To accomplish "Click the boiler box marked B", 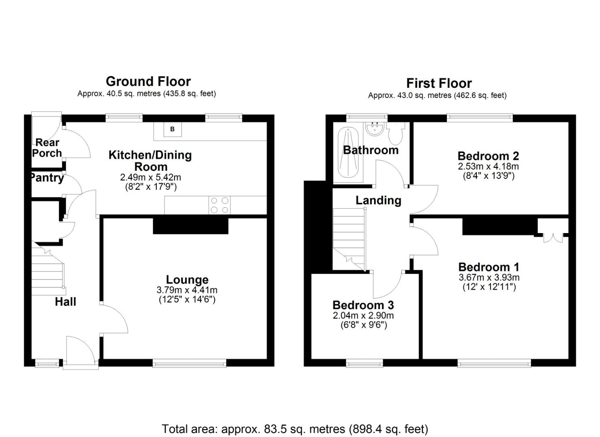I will coord(173,129).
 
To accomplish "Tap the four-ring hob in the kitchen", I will coord(219,205).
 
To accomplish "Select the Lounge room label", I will coord(187,280).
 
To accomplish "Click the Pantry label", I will coord(47,178).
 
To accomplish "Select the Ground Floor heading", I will coord(148,81).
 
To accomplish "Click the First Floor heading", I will coord(439,83).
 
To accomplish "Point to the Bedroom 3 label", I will coord(363,305).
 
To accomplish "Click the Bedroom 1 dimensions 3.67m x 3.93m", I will coord(489,278).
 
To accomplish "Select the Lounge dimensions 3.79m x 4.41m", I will coord(187,290).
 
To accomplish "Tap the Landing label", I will coord(378,200).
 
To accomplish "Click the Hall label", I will coord(65,301).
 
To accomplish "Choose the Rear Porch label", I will coord(47,148).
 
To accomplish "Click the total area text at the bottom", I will coord(295,429).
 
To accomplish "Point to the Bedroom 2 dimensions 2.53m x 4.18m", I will coord(488,166).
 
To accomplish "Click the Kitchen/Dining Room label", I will coord(150,161).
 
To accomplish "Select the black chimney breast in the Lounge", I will coord(191,226).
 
